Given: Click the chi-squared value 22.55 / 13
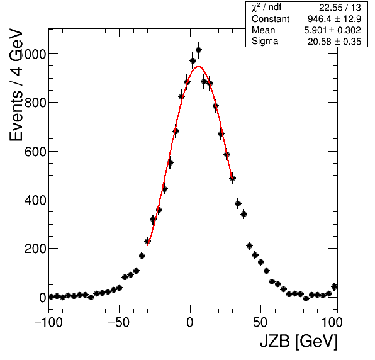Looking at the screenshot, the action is pyautogui.click(x=340, y=8).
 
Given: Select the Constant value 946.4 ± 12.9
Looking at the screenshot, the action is pyautogui.click(x=334, y=19).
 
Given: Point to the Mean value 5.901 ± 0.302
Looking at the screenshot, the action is pyautogui.click(x=332, y=30).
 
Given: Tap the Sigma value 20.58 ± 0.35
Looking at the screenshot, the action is pyautogui.click(x=334, y=42).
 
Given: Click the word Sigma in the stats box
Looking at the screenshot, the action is pyautogui.click(x=265, y=42).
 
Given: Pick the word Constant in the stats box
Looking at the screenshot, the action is pyautogui.click(x=271, y=19).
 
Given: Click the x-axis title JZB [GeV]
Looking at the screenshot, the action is pyautogui.click(x=299, y=341).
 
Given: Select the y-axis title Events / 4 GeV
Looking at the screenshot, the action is pyautogui.click(x=16, y=85).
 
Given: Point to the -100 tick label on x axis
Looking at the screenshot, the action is pyautogui.click(x=48, y=323).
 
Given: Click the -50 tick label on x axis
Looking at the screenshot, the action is pyautogui.click(x=119, y=323).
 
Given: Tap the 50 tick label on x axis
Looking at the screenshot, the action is pyautogui.click(x=260, y=323).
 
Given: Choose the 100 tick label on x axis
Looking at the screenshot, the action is pyautogui.click(x=332, y=323).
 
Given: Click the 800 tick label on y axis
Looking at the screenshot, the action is pyautogui.click(x=35, y=103).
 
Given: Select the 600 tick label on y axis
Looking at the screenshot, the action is pyautogui.click(x=35, y=152).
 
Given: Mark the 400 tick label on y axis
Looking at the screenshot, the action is pyautogui.click(x=35, y=200).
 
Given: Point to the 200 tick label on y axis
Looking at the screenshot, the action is pyautogui.click(x=35, y=249).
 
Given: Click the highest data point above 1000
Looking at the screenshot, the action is pyautogui.click(x=198, y=50).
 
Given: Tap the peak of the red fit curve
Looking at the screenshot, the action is pyautogui.click(x=198, y=67).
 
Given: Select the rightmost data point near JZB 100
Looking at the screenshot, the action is pyautogui.click(x=334, y=286).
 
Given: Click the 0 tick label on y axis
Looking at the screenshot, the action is pyautogui.click(x=42, y=298).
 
